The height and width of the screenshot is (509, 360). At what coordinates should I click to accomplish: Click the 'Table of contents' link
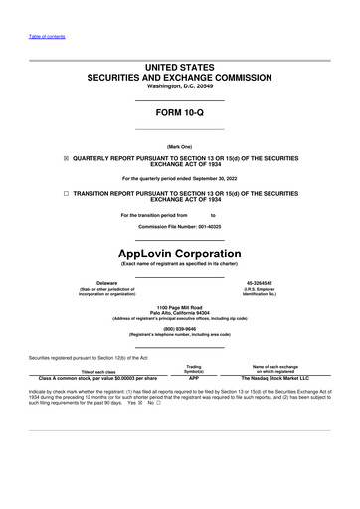tap(45, 36)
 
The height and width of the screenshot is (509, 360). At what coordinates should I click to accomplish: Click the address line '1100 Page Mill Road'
tap(179, 307)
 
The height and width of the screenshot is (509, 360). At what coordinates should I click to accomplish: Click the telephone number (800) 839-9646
tap(179, 328)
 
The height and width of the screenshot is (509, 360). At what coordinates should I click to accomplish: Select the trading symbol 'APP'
tap(194, 379)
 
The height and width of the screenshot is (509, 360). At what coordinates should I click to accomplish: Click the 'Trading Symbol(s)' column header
tap(194, 368)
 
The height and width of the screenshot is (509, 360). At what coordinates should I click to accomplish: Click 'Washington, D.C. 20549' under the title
tap(179, 85)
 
